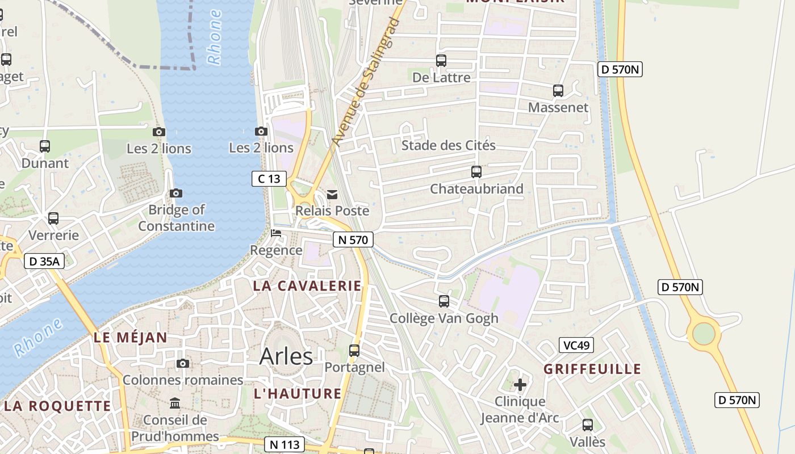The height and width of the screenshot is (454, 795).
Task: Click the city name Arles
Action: point(286,356)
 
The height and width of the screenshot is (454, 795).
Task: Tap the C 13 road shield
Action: point(269,179)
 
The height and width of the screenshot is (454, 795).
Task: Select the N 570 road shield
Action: point(353,240)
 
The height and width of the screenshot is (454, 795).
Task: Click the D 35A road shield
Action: point(44,262)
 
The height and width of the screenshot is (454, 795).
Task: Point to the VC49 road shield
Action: point(576,345)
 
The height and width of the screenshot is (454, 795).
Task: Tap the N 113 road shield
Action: point(284,444)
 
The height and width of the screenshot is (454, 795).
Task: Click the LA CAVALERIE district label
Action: point(307,286)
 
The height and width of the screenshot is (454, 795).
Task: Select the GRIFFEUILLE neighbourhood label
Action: point(592,369)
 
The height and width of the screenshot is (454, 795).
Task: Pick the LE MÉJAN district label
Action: point(131,338)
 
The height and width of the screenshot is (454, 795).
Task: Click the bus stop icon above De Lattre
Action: point(441,61)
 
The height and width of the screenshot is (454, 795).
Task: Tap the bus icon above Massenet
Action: point(558,91)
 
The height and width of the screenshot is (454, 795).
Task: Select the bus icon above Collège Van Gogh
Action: point(444,301)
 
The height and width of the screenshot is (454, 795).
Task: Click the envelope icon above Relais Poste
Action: point(332,195)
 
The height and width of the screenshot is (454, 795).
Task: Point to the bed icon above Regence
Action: point(276,233)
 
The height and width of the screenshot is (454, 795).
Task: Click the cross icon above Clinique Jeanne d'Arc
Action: point(520,385)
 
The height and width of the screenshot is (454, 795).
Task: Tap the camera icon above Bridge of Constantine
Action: point(176,194)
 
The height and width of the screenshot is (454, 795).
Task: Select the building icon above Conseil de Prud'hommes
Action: point(175,403)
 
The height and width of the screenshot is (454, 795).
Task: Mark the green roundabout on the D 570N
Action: point(703,333)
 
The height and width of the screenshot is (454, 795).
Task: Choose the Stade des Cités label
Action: point(449,145)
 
